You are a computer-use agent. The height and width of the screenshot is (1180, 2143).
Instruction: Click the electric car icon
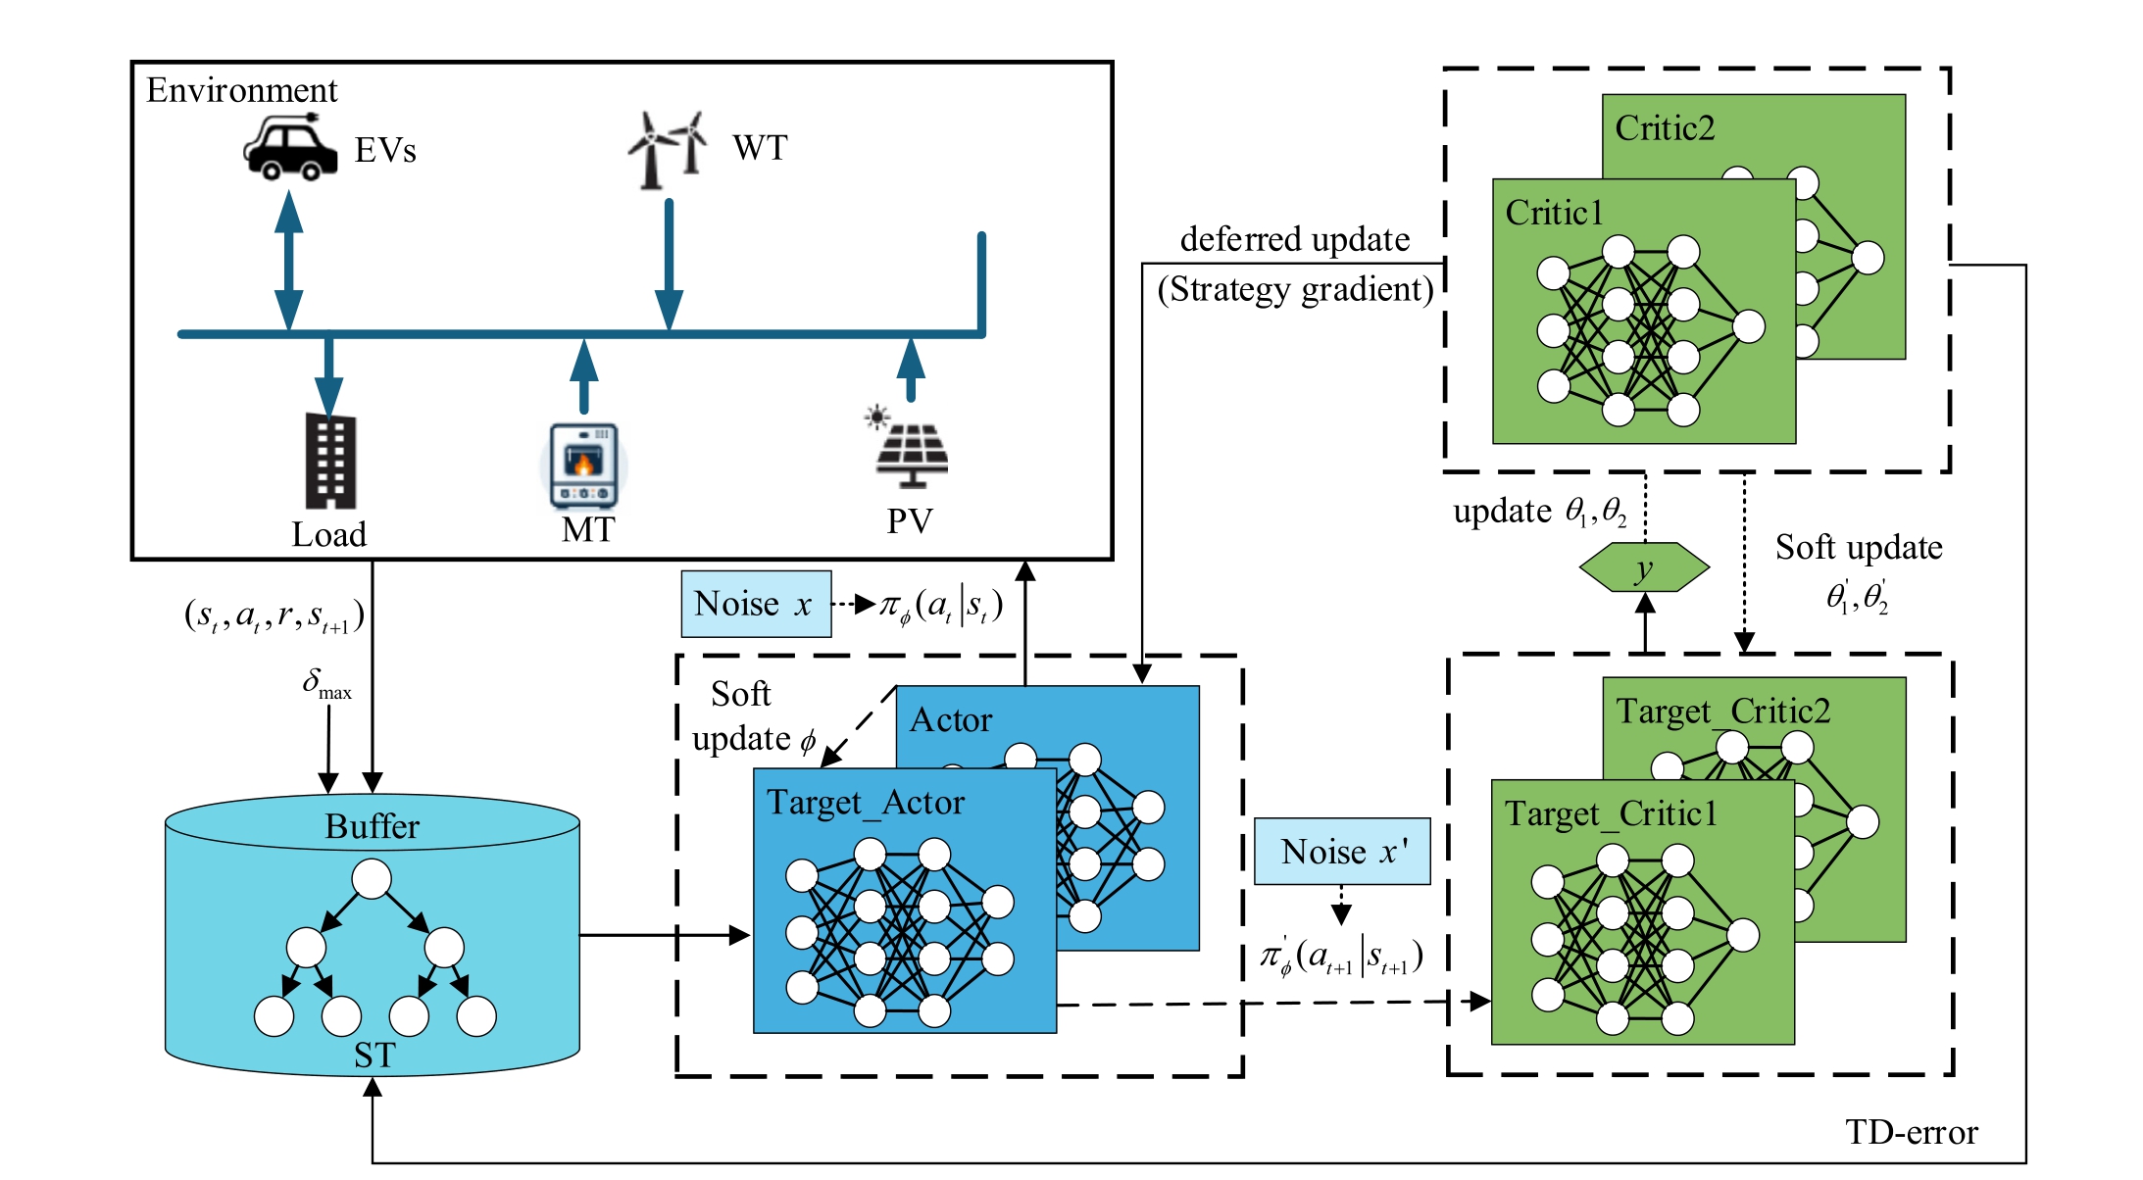pos(289,149)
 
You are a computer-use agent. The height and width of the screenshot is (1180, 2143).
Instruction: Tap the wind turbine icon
pos(668,149)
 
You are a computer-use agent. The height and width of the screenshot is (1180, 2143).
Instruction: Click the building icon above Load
pos(330,462)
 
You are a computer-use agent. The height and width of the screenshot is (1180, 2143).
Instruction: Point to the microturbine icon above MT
pos(583,466)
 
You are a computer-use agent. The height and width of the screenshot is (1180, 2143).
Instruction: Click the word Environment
pos(241,90)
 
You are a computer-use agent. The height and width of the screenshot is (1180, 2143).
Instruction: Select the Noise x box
pos(756,604)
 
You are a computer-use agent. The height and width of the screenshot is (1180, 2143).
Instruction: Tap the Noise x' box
pos(1341,851)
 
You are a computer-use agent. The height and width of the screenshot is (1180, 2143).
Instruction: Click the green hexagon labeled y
pos(1644,567)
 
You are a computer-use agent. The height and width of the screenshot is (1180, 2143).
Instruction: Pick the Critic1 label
pos(1554,213)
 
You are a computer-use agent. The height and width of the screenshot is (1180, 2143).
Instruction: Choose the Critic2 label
pos(1665,128)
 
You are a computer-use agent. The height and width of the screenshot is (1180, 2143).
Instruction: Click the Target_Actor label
pos(865,803)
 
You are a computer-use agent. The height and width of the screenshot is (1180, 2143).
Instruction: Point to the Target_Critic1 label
pos(1611,813)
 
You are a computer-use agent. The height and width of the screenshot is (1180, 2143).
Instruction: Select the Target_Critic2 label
pos(1722,711)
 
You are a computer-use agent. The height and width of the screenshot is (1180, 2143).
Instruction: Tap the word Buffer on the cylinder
pos(372,826)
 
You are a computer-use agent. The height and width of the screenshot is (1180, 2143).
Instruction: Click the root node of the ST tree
pos(372,879)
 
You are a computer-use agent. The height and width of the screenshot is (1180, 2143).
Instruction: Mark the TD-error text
pos(1911,1132)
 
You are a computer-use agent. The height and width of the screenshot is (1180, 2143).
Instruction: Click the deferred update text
pos(1294,239)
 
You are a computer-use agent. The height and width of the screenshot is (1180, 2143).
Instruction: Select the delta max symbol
pos(326,682)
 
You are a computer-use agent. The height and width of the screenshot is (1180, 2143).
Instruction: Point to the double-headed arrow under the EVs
pos(288,260)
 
